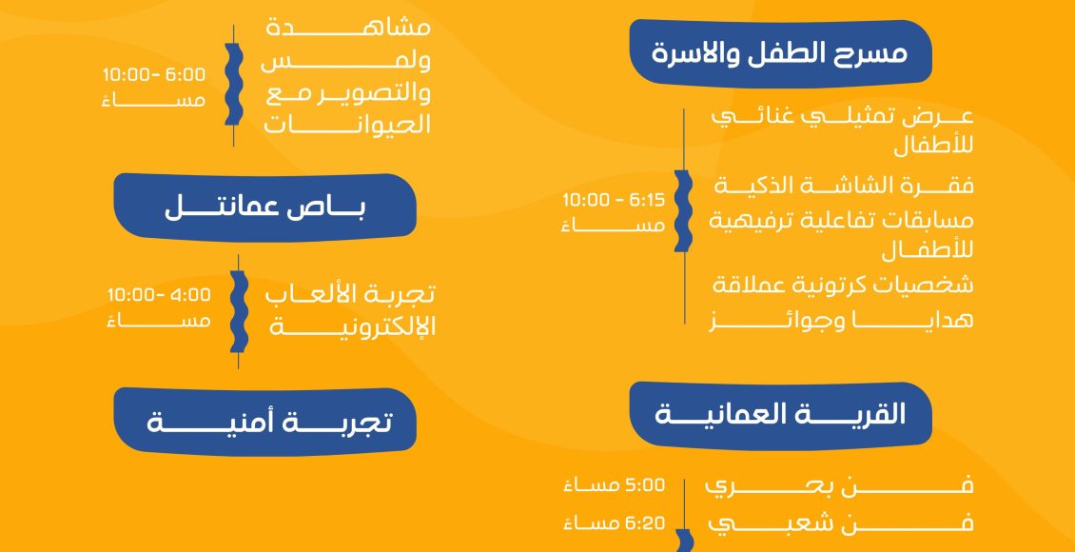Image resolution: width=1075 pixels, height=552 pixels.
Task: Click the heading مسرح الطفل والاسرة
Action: (x=779, y=53)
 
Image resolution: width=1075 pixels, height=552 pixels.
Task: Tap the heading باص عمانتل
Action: (x=265, y=208)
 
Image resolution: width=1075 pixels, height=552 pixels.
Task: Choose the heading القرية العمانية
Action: (x=780, y=415)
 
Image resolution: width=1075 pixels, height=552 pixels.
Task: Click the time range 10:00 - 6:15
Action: (x=614, y=200)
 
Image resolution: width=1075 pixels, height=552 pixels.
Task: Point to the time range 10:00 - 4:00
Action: (x=159, y=295)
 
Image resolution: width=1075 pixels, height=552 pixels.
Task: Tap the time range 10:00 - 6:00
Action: (x=154, y=74)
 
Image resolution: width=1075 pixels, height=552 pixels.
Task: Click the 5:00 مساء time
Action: (x=614, y=485)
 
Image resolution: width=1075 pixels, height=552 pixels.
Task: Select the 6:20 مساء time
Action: (x=614, y=523)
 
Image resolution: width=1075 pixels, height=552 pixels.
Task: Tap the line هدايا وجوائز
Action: (x=841, y=321)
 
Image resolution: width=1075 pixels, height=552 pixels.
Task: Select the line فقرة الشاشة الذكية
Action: (x=844, y=186)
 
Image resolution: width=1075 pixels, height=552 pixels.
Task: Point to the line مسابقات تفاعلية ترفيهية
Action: (x=841, y=221)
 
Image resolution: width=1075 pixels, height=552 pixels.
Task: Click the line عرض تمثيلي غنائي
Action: (x=842, y=116)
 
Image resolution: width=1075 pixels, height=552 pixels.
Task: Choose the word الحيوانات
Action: (x=347, y=126)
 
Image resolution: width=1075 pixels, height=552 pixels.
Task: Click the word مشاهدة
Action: (x=348, y=29)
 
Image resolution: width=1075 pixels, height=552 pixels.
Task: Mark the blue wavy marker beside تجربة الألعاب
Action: (x=238, y=311)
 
